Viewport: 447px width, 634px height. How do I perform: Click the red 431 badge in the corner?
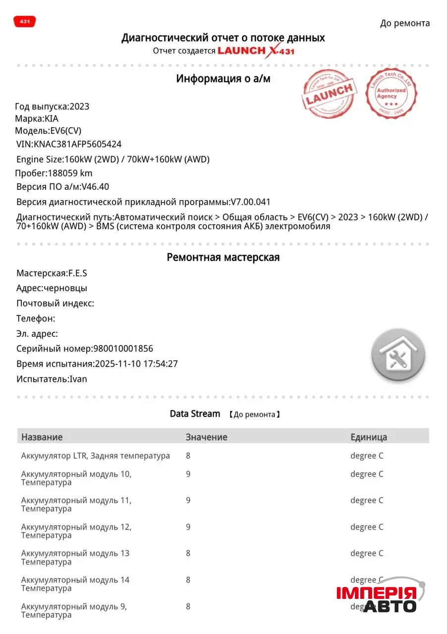[24, 22]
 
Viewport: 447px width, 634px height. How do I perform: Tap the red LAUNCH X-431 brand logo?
[256, 51]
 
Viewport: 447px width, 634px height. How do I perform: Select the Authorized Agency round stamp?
[391, 93]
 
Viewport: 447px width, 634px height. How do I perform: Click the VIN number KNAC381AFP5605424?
[77, 144]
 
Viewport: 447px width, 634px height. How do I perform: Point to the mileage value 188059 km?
[69, 173]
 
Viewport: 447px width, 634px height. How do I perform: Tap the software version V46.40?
[95, 187]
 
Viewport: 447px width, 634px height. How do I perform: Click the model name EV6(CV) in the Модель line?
[66, 131]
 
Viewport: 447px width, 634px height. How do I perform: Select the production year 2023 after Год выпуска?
[79, 106]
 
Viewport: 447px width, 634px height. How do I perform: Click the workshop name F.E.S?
[78, 273]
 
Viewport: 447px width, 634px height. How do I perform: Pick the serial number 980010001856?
[123, 348]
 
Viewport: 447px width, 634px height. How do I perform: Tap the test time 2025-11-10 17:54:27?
[136, 364]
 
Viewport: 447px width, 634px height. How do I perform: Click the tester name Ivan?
[78, 379]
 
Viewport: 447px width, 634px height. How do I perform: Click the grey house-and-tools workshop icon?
[398, 355]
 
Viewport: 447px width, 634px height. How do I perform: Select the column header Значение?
[206, 437]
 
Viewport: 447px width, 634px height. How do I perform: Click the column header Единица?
[369, 437]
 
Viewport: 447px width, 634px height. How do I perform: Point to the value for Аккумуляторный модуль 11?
[188, 500]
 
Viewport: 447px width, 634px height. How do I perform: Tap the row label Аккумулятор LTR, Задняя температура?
[95, 456]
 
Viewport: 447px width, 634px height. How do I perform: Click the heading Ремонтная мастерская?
[223, 258]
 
